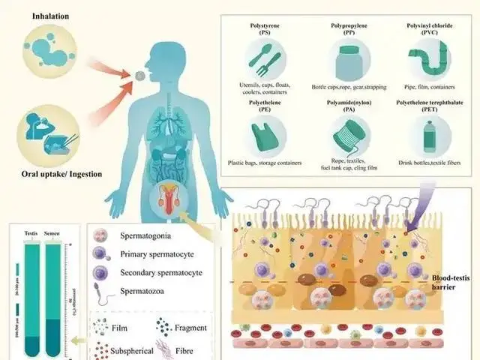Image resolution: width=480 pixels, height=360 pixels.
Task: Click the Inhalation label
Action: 37,15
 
